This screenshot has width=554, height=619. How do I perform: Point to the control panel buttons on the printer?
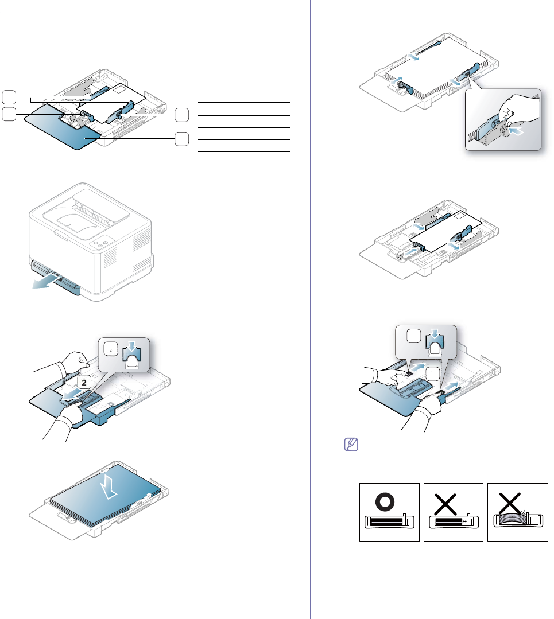103,242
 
